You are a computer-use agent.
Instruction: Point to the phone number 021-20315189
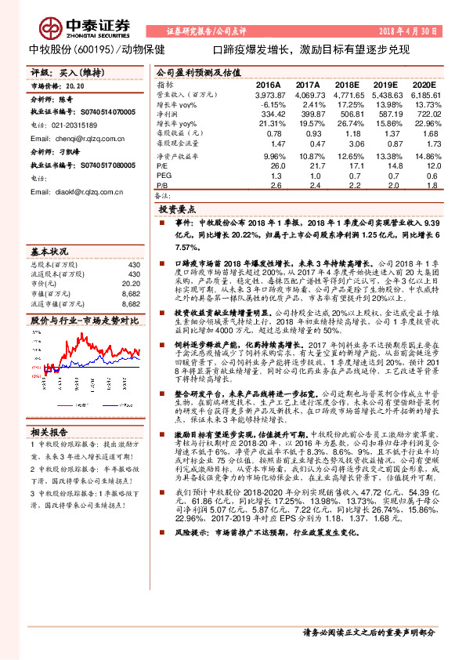pyautogui.click(x=74, y=125)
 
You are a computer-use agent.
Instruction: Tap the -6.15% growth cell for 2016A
pyautogui.click(x=271, y=103)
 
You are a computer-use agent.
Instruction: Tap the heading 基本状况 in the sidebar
pyautogui.click(x=49, y=252)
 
